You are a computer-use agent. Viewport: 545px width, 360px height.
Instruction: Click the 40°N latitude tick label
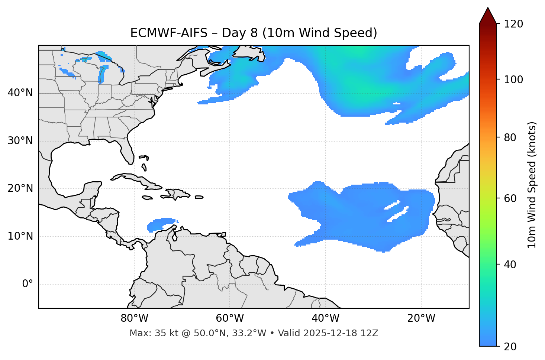pyautogui.click(x=20, y=93)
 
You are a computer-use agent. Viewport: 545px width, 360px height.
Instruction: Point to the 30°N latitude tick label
pyautogui.click(x=20, y=141)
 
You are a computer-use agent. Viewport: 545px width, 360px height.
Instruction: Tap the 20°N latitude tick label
pyautogui.click(x=20, y=188)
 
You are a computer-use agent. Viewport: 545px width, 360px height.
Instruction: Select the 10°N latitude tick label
pyautogui.click(x=20, y=236)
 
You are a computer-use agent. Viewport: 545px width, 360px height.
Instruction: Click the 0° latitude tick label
pyautogui.click(x=27, y=284)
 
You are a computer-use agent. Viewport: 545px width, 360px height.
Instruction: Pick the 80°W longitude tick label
pyautogui.click(x=134, y=318)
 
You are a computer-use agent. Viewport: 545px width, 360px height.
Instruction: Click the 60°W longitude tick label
pyautogui.click(x=230, y=318)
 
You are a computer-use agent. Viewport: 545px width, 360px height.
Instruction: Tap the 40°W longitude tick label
pyautogui.click(x=325, y=318)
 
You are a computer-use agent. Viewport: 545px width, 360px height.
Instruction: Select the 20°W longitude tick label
pyautogui.click(x=421, y=318)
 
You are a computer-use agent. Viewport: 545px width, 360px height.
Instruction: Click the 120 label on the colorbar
pyautogui.click(x=513, y=24)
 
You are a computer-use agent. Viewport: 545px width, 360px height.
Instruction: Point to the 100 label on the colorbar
pyautogui.click(x=513, y=80)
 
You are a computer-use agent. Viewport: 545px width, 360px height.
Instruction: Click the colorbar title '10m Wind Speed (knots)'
pyautogui.click(x=532, y=185)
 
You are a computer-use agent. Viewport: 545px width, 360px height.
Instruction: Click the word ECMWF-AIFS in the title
pyautogui.click(x=169, y=33)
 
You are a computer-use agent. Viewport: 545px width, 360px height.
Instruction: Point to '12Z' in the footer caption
pyautogui.click(x=370, y=333)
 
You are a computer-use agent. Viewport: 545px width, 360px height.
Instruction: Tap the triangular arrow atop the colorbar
pyautogui.click(x=488, y=16)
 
